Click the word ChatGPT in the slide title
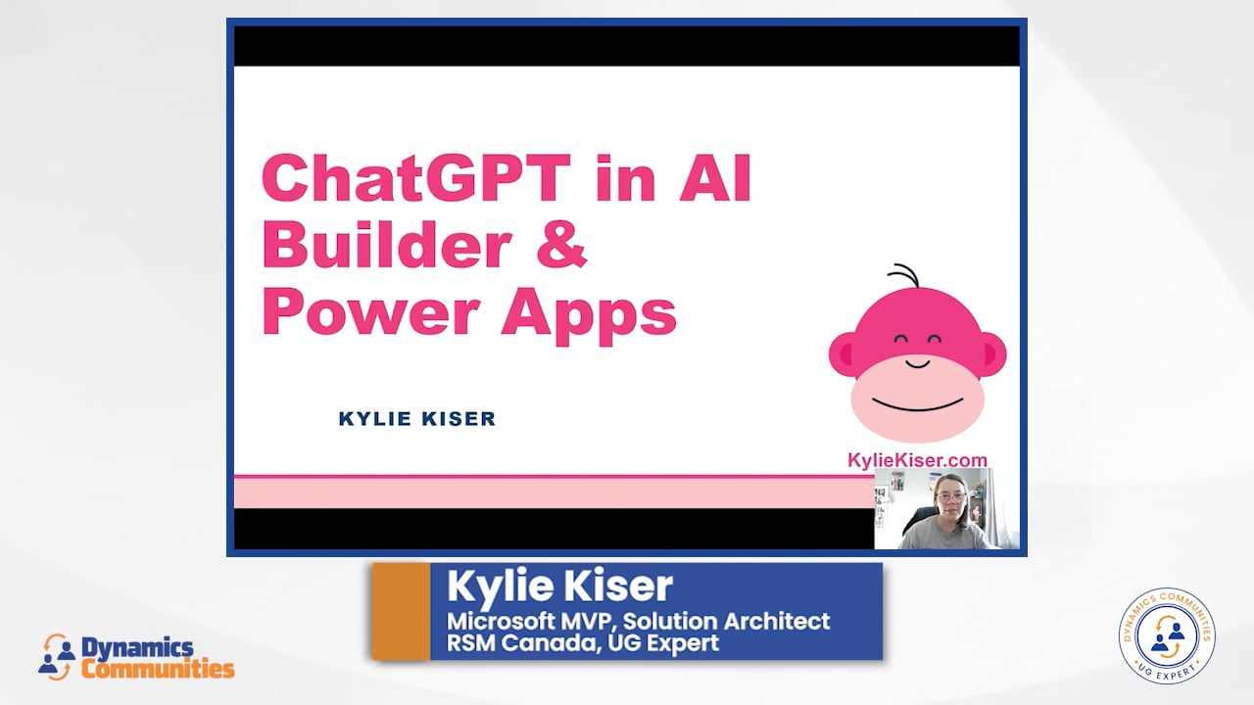pyautogui.click(x=416, y=178)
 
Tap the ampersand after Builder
pyautogui.click(x=561, y=246)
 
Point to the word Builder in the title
pyautogui.click(x=387, y=245)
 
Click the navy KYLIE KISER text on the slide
pyautogui.click(x=417, y=418)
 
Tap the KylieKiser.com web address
pyautogui.click(x=917, y=460)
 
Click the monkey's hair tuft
pyautogui.click(x=904, y=275)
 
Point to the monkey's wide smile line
pyautogui.click(x=918, y=404)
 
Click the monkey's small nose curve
pyautogui.click(x=918, y=364)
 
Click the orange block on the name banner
pyautogui.click(x=401, y=611)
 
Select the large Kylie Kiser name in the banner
pyautogui.click(x=559, y=586)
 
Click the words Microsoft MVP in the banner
pyautogui.click(x=530, y=621)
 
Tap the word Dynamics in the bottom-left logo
pyautogui.click(x=137, y=648)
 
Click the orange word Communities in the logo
pyautogui.click(x=158, y=668)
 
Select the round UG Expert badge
pyautogui.click(x=1167, y=635)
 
